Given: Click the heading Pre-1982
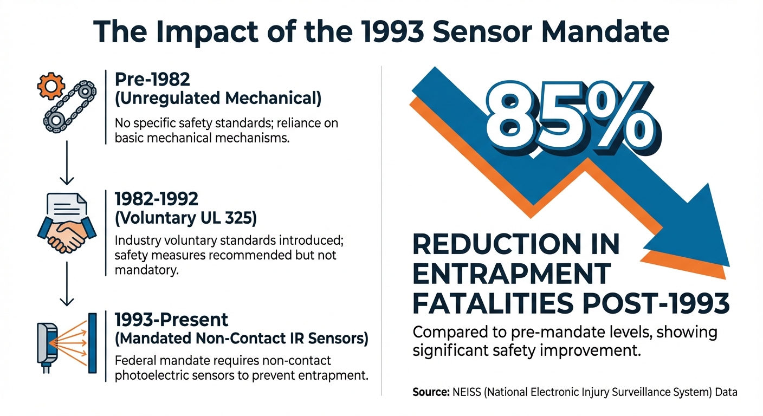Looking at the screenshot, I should tap(152, 80).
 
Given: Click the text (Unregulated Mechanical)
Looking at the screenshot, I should tap(218, 99).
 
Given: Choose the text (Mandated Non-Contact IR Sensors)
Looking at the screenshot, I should tap(242, 339).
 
